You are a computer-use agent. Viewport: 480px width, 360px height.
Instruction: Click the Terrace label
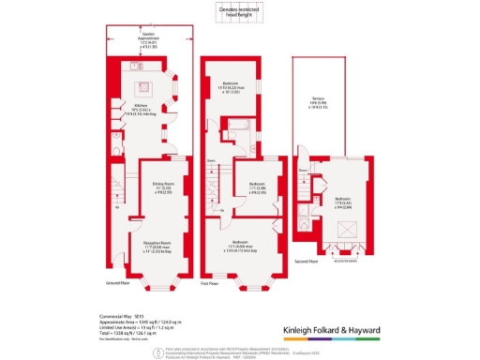(323, 106)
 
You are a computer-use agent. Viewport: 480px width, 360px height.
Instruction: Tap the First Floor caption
(212, 278)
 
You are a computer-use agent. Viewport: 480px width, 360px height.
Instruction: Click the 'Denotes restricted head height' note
(232, 10)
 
